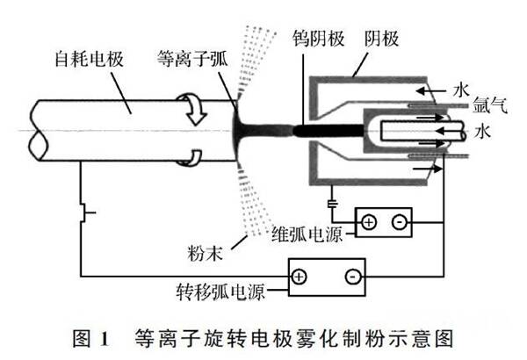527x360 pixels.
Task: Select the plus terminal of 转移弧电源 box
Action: click(299, 276)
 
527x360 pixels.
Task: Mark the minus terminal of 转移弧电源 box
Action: click(351, 276)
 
